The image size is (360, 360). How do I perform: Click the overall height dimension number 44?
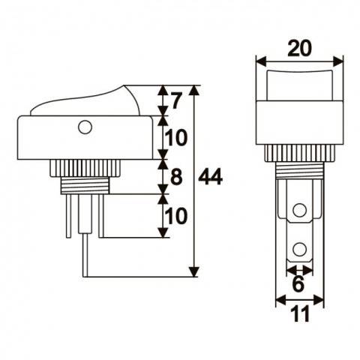(212, 178)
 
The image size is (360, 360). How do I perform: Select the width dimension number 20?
(299, 49)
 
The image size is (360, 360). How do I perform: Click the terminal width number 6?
(299, 286)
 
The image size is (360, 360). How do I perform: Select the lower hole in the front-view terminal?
(299, 247)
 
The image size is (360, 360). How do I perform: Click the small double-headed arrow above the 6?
(299, 268)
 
